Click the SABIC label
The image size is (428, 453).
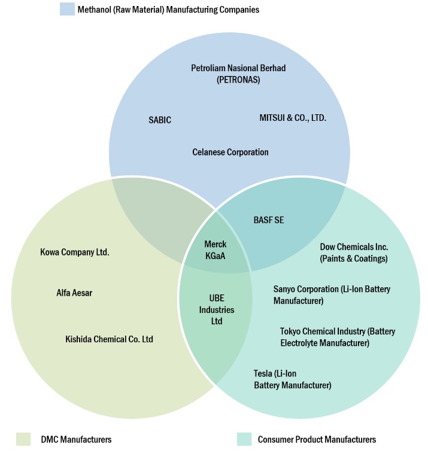tap(159, 120)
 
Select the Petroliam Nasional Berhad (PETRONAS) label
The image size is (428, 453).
tap(238, 74)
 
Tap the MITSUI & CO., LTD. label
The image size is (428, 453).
tap(293, 118)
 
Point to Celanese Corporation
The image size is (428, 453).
tap(230, 152)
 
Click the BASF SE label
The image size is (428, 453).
tap(269, 220)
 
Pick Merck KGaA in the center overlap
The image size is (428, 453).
tap(215, 250)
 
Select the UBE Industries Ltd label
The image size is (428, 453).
tap(216, 309)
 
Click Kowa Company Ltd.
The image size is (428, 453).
tap(75, 252)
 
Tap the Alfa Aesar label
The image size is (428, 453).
tap(75, 293)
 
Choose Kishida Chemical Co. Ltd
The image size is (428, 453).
tap(109, 339)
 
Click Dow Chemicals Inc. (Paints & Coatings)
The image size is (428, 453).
tap(354, 253)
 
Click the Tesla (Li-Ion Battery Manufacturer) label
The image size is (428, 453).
tap(292, 379)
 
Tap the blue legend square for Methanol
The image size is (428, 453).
tap(66, 10)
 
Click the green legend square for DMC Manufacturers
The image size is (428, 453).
tap(23, 439)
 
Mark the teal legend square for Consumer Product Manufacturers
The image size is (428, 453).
tap(244, 439)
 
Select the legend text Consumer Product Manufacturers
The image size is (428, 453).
tap(317, 440)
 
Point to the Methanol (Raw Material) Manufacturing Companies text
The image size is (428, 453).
tap(168, 10)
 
